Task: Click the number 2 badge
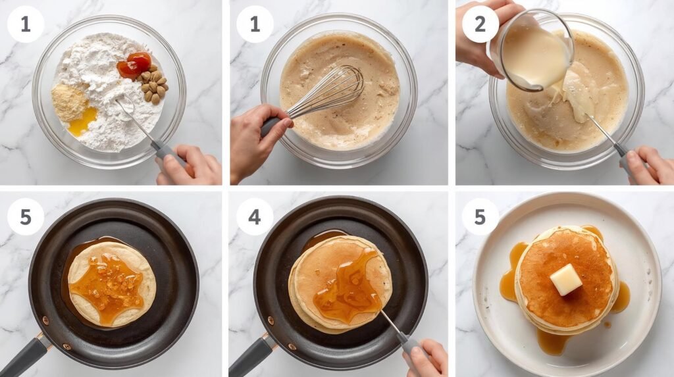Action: [x=480, y=24]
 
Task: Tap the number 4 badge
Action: [x=255, y=216]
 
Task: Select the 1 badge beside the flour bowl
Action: [x=26, y=24]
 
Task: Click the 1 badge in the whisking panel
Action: [x=255, y=24]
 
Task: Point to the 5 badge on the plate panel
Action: [x=480, y=216]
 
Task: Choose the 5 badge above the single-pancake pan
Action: [x=26, y=216]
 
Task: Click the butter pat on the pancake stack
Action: [x=566, y=280]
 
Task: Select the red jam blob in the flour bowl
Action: [x=134, y=65]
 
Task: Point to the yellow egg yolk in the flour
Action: [x=83, y=120]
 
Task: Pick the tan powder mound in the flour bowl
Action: [x=69, y=103]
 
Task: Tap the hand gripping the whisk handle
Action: [x=258, y=138]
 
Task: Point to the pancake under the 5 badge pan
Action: [x=112, y=284]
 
